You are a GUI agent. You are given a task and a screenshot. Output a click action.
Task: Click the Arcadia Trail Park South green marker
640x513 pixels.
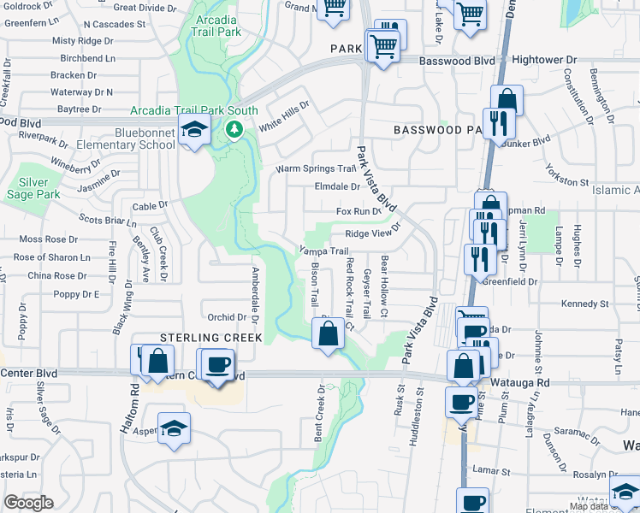[x=233, y=130]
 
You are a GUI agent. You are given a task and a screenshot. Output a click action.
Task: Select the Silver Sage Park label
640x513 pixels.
[x=39, y=188]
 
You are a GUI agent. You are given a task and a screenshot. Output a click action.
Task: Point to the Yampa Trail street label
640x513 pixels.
[x=323, y=251]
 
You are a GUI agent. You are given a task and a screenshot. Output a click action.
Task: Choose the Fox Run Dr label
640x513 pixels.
[x=357, y=211]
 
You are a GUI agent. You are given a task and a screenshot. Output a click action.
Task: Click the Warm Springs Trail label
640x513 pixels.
[x=315, y=168]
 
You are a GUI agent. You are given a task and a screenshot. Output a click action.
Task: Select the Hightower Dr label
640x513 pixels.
[x=545, y=61]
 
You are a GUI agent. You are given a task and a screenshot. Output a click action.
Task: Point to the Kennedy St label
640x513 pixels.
[x=584, y=304]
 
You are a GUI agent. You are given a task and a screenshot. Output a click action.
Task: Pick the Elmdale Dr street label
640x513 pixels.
[x=337, y=186]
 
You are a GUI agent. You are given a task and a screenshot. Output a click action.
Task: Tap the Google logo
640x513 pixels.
[x=28, y=503]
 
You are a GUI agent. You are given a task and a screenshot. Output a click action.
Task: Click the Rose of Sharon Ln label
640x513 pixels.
[x=51, y=257]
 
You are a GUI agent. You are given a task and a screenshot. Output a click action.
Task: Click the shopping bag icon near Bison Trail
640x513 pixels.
[x=328, y=334]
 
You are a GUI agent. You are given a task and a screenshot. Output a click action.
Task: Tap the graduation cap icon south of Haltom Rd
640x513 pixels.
[x=174, y=428]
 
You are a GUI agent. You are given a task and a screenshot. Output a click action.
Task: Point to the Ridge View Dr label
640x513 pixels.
[x=373, y=233]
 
